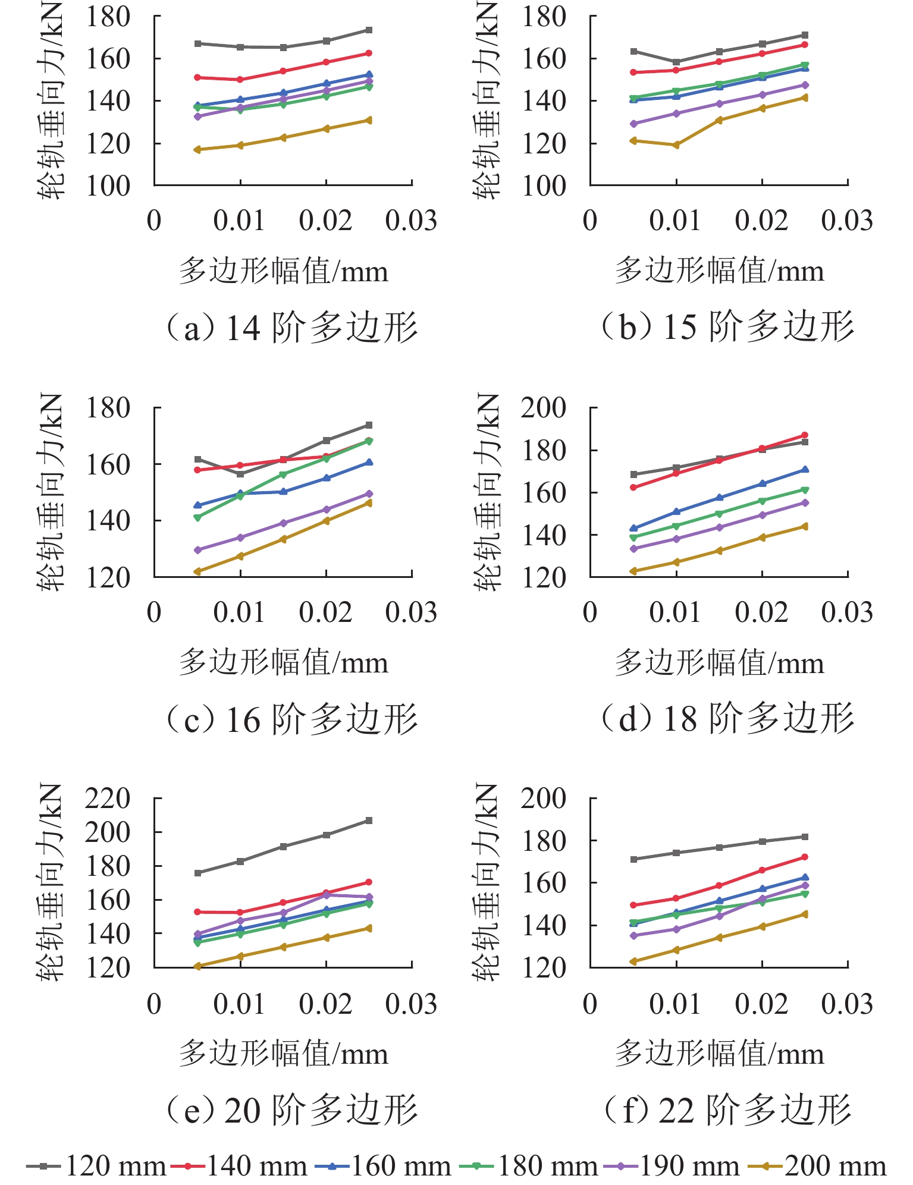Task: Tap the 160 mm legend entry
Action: [384, 1166]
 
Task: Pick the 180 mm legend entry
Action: [529, 1166]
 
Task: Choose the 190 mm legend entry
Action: [672, 1166]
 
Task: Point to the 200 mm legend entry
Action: [817, 1166]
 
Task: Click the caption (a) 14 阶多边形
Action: [291, 328]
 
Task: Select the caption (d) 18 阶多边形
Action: [727, 718]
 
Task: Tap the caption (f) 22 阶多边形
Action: [727, 1109]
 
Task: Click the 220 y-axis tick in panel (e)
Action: [108, 799]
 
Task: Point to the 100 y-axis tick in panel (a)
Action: [108, 186]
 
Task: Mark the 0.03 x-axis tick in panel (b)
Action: [847, 221]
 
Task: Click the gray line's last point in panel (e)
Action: [369, 821]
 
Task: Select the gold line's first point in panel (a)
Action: [197, 150]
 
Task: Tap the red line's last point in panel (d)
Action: [805, 435]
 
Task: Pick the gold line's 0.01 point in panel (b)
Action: [676, 145]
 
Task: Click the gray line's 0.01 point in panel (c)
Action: [240, 474]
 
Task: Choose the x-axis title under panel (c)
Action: [284, 662]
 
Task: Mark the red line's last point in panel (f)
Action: [805, 857]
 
